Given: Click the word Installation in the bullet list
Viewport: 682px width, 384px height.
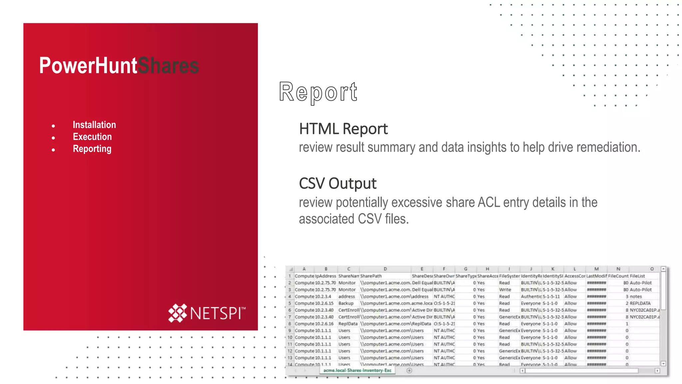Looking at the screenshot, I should point(94,125).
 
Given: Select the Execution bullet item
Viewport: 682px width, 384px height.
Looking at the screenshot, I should point(92,137).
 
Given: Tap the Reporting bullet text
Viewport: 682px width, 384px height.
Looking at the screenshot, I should point(92,149).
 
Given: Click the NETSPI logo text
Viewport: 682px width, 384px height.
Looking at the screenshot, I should point(216,313).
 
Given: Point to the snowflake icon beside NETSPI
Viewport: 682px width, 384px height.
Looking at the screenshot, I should point(177,313).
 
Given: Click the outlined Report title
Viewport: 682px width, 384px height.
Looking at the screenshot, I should point(318,92).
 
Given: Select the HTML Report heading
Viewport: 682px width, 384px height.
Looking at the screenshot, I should point(343,129).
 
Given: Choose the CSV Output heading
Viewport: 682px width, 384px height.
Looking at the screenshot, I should point(338,183).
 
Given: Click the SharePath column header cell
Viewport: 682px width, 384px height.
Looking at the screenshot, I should point(371,276).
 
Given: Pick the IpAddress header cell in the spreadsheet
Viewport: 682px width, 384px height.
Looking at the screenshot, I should point(326,276).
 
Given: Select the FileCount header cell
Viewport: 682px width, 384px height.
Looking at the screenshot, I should point(618,276).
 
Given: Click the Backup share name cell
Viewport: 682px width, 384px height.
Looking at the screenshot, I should point(346,303).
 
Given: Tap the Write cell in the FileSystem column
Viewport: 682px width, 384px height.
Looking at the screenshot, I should point(505,290).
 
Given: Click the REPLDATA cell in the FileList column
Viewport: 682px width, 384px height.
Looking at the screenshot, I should point(640,303).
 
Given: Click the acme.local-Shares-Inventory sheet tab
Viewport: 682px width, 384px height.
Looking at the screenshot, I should point(357,370).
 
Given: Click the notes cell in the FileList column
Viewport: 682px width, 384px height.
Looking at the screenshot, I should point(636,296).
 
